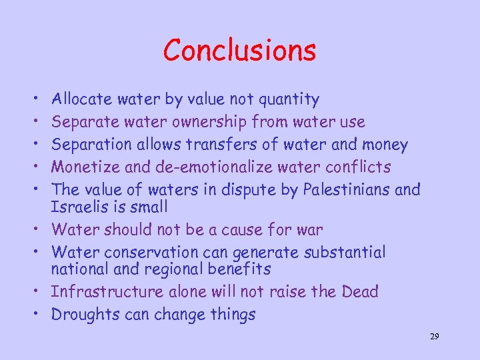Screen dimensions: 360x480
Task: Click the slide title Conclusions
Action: (239, 51)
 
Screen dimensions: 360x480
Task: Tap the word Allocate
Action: (83, 100)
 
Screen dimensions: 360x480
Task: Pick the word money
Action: (385, 145)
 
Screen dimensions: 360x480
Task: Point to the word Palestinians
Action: (347, 189)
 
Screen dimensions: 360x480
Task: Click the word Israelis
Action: (79, 207)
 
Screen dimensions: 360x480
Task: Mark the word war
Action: (310, 230)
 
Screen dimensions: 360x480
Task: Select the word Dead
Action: (359, 292)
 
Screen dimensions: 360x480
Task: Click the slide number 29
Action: (434, 337)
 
